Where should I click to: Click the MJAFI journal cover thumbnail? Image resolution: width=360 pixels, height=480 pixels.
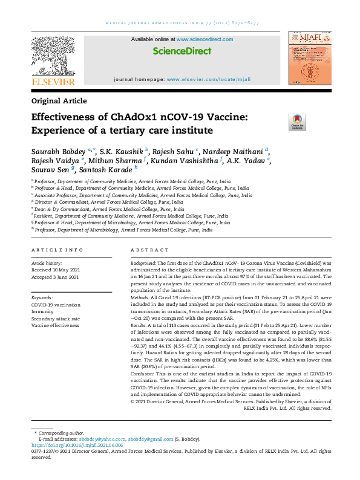pyautogui.click(x=309, y=59)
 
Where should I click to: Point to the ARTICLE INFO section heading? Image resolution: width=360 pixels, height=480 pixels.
pyautogui.click(x=57, y=250)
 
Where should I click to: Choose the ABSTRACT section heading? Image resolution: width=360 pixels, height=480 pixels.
pyautogui.click(x=149, y=250)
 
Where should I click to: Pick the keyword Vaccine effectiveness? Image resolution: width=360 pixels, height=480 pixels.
pyautogui.click(x=55, y=325)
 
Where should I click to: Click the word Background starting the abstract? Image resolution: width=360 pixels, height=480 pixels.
pyautogui.click(x=143, y=264)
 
